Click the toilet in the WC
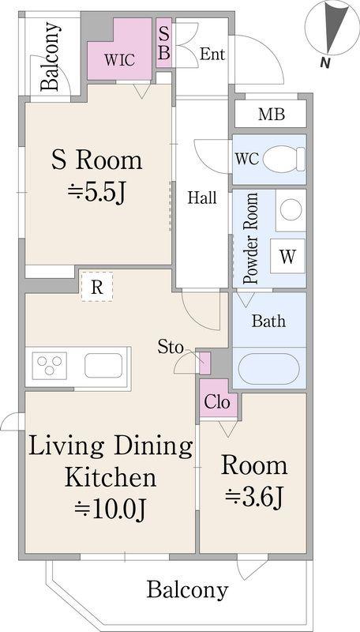coord(284,160)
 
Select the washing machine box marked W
coord(287,256)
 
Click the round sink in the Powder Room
coord(291,210)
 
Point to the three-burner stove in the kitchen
coord(50,366)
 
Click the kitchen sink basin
coord(103,366)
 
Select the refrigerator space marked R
coord(96,287)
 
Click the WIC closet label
coord(118,61)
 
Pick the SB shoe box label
coord(164,43)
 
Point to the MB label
coord(272,115)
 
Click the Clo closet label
coord(217,402)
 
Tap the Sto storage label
coord(171,348)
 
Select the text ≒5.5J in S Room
coord(96,194)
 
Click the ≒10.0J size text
coord(110,510)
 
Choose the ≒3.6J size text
coord(254,498)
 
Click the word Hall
coord(203,198)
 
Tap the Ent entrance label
coord(212,54)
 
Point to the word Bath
coord(268,321)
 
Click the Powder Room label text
coord(250,239)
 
